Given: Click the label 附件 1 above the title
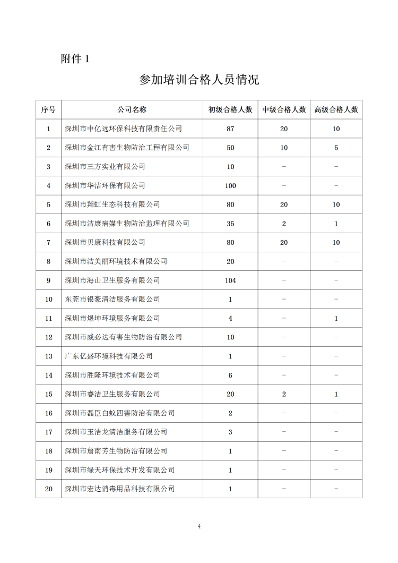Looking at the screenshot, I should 75,59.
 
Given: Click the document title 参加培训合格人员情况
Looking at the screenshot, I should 199,80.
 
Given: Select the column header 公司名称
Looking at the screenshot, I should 132,110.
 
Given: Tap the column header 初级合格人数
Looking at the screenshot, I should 230,110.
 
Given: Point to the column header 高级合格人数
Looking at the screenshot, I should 336,110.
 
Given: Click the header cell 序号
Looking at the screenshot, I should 48,110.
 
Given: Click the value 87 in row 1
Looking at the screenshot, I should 230,129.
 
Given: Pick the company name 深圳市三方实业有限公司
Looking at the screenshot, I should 105,167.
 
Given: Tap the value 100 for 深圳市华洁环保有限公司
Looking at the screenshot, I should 230,186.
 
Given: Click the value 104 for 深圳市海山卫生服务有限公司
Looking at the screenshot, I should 230,280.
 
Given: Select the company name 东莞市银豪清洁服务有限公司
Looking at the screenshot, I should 112,300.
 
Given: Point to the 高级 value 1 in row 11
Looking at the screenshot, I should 336,319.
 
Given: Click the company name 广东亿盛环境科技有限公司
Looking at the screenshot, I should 108,356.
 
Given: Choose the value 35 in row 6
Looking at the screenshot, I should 230,224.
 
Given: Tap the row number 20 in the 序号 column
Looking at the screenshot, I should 48,489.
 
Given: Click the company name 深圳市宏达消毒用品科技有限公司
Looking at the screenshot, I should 119,489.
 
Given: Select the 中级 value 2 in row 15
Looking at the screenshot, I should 284,394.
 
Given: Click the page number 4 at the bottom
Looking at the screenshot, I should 199,527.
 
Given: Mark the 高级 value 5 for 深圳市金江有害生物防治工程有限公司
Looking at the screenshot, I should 336,148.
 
